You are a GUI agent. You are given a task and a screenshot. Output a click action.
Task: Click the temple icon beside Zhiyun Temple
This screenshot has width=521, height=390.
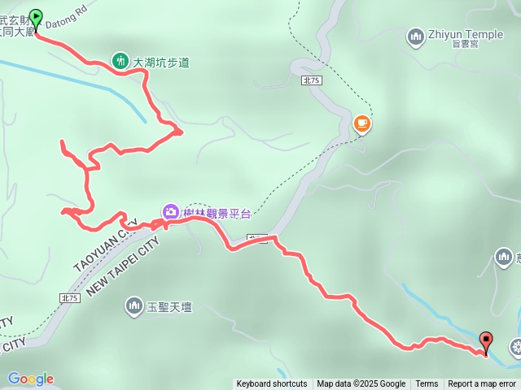(x=415, y=36)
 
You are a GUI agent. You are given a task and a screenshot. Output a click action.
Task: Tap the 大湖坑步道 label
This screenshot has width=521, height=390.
(x=161, y=62)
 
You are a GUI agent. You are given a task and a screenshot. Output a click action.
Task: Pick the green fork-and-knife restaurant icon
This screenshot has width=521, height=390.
(x=120, y=61)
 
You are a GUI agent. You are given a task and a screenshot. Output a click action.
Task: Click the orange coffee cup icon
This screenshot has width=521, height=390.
(x=361, y=123)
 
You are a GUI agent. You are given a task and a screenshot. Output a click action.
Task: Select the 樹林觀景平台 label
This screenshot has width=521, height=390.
(x=217, y=213)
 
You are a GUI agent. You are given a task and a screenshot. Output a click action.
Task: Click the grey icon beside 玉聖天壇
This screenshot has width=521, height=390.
(x=134, y=306)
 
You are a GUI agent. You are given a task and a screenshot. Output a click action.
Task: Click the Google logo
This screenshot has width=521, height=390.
(x=30, y=379)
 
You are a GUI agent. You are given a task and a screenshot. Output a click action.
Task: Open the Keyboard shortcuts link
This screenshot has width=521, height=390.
(x=272, y=384)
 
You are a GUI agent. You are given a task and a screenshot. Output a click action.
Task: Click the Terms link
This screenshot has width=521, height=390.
(x=427, y=384)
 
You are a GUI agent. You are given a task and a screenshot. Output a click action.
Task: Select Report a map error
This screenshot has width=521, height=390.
(x=484, y=384)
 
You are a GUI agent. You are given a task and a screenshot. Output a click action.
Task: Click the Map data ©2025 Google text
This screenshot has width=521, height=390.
(x=361, y=384)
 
